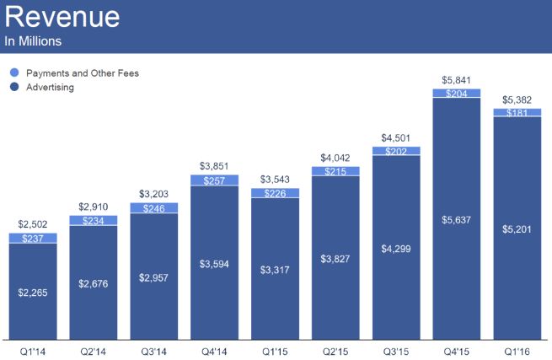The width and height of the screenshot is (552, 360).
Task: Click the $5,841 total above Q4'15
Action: click(x=456, y=80)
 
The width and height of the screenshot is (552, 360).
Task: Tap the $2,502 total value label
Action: click(x=33, y=224)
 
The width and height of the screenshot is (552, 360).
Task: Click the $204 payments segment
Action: click(x=456, y=94)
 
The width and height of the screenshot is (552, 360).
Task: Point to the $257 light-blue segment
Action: click(x=214, y=180)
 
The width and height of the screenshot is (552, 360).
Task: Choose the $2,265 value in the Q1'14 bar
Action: click(x=33, y=293)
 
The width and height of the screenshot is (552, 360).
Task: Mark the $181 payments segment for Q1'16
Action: click(x=517, y=112)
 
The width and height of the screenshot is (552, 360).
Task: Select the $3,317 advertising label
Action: click(x=275, y=271)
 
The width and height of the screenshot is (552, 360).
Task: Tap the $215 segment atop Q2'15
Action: click(x=335, y=171)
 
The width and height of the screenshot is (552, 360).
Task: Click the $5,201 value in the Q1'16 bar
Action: click(x=517, y=228)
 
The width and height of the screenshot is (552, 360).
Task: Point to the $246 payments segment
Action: click(x=153, y=208)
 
